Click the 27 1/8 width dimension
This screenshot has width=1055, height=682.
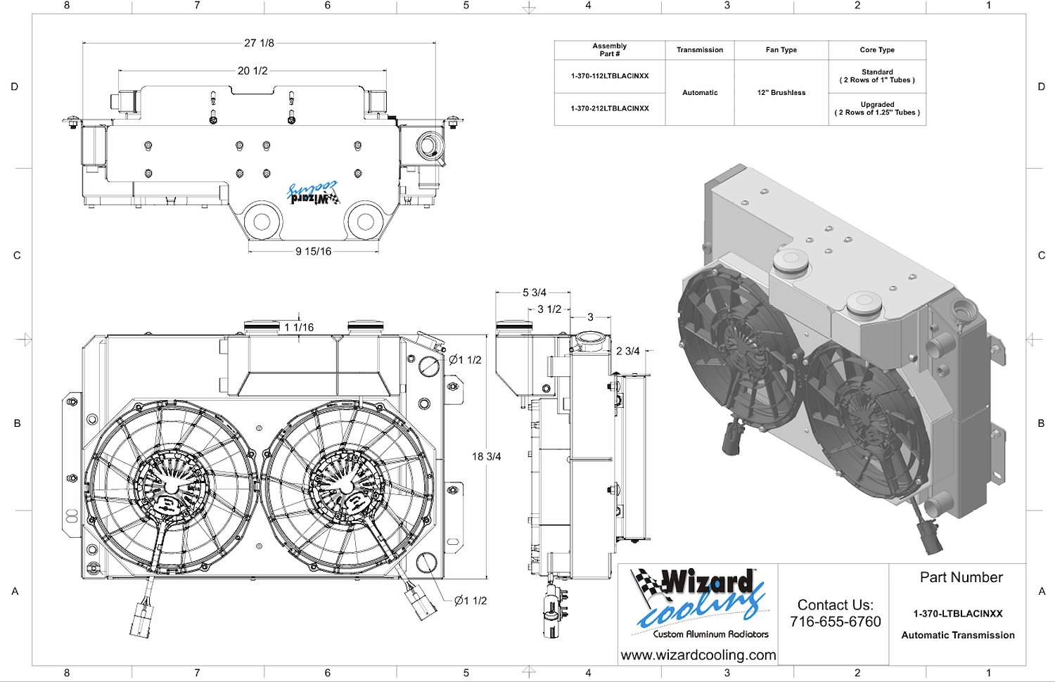coord(259,44)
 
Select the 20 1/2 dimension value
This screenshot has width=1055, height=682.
coord(252,71)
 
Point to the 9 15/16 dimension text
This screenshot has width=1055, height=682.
coord(314,251)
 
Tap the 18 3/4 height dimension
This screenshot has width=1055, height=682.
coord(487,456)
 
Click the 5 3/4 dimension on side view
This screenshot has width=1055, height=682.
coord(534,292)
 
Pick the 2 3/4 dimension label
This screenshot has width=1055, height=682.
coord(628,351)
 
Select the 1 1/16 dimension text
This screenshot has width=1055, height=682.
coord(299,327)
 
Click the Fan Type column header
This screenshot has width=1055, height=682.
coord(781,50)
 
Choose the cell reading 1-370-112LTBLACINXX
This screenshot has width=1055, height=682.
coord(610,76)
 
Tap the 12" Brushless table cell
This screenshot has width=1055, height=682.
coord(781,93)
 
